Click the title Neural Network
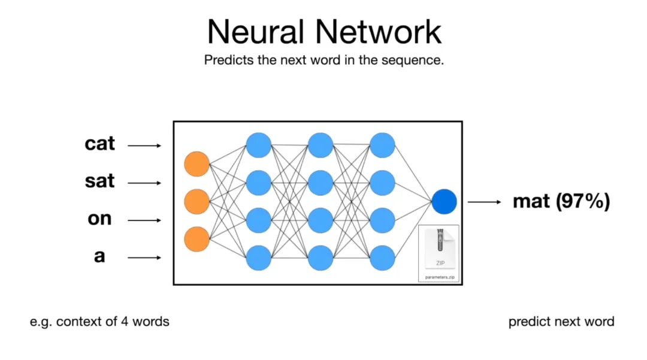[x=324, y=31]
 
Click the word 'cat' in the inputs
[x=99, y=144]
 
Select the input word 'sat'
[x=99, y=181]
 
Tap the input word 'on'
[x=99, y=219]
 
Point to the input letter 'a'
[x=99, y=256]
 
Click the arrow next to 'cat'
[x=144, y=146]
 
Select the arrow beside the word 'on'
[x=144, y=220]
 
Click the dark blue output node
[x=444, y=202]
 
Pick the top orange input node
[x=196, y=164]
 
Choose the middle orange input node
[x=196, y=202]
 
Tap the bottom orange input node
[x=196, y=239]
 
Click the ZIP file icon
[x=439, y=249]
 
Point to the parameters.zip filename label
[x=439, y=277]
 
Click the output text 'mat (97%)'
[x=561, y=202]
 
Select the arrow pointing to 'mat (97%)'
[x=484, y=202]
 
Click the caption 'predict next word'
[x=561, y=322]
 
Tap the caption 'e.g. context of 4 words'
[x=99, y=322]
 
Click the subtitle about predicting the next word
[x=323, y=60]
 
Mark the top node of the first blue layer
[x=259, y=146]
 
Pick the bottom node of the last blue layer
[x=382, y=258]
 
